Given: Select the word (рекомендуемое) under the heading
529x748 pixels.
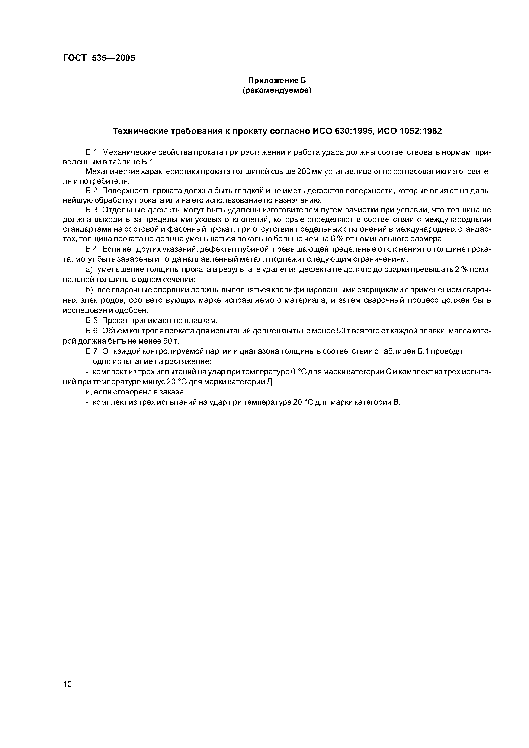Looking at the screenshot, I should click(x=277, y=91).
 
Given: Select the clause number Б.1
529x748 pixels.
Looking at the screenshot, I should click(x=92, y=152).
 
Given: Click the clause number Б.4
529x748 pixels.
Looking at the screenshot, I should click(x=92, y=249).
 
